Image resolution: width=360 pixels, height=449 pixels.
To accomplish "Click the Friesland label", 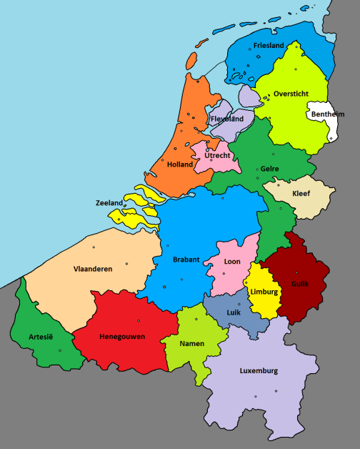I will point(269,46).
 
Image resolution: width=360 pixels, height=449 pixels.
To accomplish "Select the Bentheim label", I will point(328,114).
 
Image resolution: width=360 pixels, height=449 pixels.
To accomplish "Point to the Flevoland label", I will point(227,119).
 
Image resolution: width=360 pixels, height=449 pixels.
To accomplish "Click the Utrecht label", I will point(217,155).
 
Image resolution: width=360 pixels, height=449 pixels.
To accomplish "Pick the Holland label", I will point(180,164).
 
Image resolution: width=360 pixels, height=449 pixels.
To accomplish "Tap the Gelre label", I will point(269,169).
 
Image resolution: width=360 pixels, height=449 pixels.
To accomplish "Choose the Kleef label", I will point(302,193).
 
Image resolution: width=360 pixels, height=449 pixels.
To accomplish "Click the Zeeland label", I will point(109,203).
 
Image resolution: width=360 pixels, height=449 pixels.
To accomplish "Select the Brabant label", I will point(186,260).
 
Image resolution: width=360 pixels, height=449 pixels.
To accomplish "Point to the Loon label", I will point(232,262).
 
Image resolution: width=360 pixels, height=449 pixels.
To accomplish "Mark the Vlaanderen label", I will point(93,269).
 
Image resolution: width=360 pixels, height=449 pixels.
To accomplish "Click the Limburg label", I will point(264,292).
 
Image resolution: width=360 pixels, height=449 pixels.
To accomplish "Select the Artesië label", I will point(41,336).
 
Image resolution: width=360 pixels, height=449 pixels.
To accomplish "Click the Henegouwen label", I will point(122,336).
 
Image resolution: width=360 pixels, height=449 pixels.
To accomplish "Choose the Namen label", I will point(192,343).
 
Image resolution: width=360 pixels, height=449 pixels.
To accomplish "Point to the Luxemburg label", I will point(259,371).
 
